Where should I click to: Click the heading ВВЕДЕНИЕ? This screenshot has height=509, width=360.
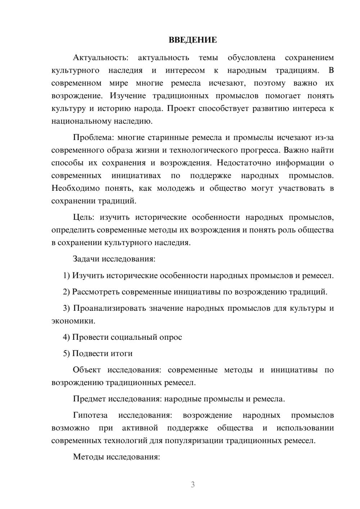[193, 40]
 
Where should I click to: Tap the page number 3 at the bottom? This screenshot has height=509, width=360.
[193, 485]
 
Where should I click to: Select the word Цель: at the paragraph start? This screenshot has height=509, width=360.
[84, 217]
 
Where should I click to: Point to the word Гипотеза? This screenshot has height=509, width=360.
[90, 415]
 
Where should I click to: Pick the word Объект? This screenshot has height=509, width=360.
[87, 370]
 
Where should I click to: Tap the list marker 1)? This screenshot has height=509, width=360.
[67, 276]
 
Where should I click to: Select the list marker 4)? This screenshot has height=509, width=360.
[67, 337]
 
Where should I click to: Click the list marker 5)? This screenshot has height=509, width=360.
[67, 353]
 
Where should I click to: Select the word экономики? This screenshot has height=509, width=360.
[73, 321]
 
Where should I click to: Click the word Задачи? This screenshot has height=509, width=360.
[86, 259]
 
